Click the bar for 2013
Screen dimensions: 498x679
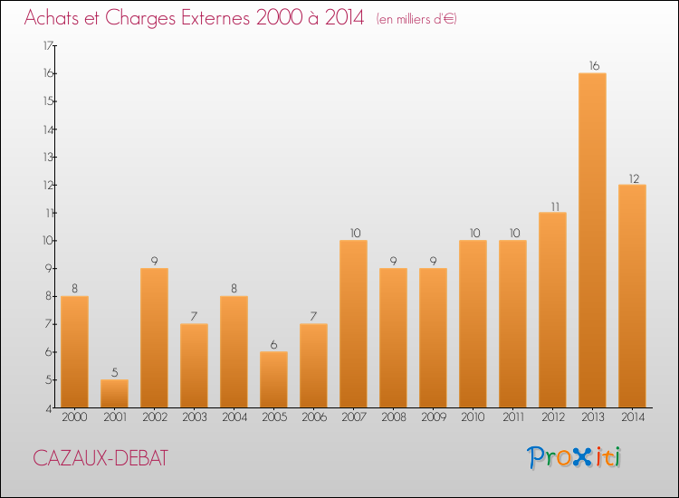[x=592, y=240]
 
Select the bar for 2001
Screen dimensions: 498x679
[x=114, y=393]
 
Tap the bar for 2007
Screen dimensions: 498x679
[x=353, y=323]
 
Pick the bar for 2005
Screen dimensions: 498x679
[x=273, y=379]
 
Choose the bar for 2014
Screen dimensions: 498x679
[x=632, y=295]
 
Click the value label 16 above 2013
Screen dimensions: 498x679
[x=592, y=65]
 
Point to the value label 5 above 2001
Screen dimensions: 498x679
[x=114, y=372]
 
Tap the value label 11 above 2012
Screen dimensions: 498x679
[x=552, y=205]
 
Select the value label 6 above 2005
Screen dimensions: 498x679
[x=273, y=344]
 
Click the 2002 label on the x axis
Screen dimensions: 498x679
[x=154, y=417]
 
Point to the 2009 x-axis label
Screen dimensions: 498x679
[x=433, y=417]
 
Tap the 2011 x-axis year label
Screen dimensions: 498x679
[x=512, y=417]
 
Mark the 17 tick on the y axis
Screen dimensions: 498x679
[x=48, y=45]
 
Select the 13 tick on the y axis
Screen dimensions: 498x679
[x=48, y=157]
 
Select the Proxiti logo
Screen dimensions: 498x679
[x=574, y=457]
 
